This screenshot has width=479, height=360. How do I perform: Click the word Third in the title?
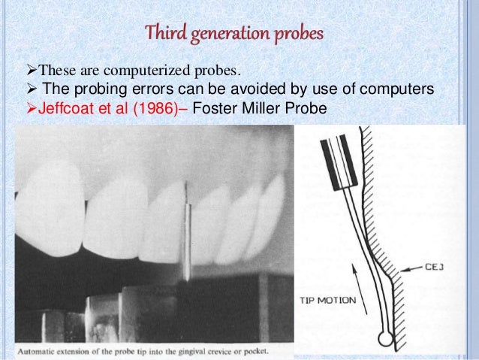pos(163,35)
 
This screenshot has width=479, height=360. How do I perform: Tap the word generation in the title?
pos(226,35)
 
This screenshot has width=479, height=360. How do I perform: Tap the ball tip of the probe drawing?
pos(387,339)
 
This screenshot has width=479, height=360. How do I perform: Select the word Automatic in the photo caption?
pos(42,349)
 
